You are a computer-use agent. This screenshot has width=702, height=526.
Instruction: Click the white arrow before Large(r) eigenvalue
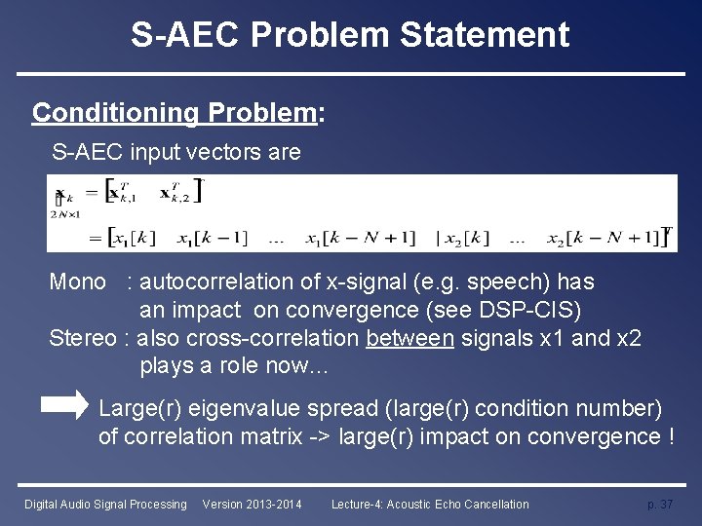coord(68,406)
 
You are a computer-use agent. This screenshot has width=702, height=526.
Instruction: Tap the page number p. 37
coord(660,504)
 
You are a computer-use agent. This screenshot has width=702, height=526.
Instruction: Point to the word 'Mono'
coord(78,282)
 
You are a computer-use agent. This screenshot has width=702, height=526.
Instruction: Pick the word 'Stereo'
coord(81,338)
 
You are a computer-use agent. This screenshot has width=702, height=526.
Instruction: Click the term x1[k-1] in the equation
coord(213,237)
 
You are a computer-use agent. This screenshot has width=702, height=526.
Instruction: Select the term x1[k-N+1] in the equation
coord(360,237)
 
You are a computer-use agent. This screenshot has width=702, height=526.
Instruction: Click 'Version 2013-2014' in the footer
coord(252,504)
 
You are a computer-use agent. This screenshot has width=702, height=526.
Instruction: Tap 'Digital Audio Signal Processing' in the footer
coord(105,504)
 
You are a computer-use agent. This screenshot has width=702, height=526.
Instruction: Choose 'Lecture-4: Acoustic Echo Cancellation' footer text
coord(430,504)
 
